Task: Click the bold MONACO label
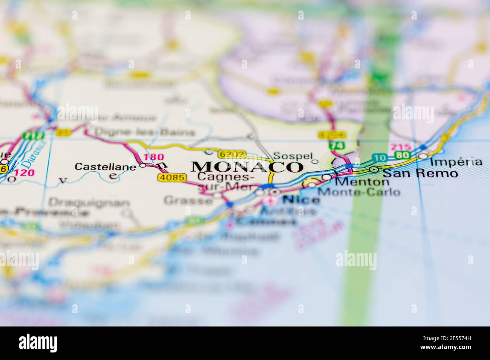pyautogui.click(x=247, y=166)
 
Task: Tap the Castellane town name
pyautogui.click(x=105, y=166)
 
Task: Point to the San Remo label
pyautogui.click(x=420, y=173)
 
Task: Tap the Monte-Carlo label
pyautogui.click(x=359, y=192)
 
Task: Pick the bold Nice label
pyautogui.click(x=301, y=200)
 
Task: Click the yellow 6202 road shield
pyautogui.click(x=232, y=154)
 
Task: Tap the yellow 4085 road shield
pyautogui.click(x=172, y=177)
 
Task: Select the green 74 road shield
pyautogui.click(x=332, y=145)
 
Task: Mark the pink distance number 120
pyautogui.click(x=25, y=173)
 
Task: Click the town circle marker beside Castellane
pyautogui.click(x=142, y=165)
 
